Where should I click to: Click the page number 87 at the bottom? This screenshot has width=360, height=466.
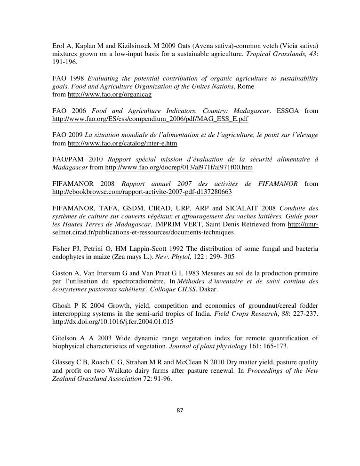[180, 410]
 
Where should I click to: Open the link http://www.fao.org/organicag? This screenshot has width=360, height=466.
[110, 95]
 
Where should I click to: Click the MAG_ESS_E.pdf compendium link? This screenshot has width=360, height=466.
[150, 119]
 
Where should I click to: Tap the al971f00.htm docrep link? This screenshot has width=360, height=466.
[179, 168]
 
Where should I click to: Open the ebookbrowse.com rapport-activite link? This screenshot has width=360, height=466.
[142, 192]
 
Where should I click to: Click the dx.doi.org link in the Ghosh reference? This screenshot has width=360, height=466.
[113, 322]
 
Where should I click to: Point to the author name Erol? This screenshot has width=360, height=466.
[58, 46]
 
